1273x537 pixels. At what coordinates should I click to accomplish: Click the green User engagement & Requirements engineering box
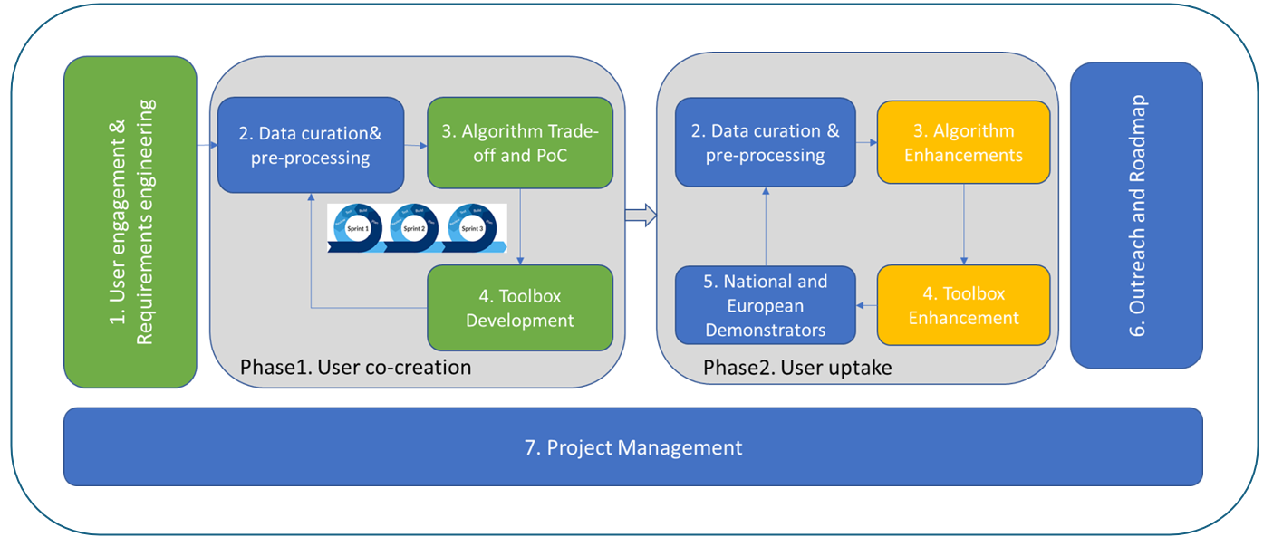(x=130, y=222)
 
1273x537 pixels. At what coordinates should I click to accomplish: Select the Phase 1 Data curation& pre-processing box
(x=310, y=145)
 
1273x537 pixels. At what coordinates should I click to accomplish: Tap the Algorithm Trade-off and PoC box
(x=520, y=143)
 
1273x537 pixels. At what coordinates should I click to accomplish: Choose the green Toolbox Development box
(x=520, y=307)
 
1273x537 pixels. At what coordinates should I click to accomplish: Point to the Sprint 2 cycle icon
(x=414, y=228)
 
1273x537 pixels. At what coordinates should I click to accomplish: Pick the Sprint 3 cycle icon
(x=472, y=228)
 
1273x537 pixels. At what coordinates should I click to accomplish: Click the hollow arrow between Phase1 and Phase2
(x=640, y=215)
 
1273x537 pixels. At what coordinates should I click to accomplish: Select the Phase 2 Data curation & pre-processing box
(x=766, y=142)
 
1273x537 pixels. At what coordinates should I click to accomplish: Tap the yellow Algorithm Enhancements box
(x=963, y=142)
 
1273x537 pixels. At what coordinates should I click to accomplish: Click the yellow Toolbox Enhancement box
(x=963, y=305)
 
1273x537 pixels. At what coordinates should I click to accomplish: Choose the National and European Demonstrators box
(x=766, y=305)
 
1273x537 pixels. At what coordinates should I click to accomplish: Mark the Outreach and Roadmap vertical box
(x=1136, y=215)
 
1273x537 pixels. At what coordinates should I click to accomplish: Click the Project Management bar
(x=632, y=446)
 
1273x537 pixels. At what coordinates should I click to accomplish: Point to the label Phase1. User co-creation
(x=355, y=367)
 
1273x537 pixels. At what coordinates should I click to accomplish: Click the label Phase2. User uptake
(x=797, y=367)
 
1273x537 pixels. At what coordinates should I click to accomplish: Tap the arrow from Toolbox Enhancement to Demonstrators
(x=866, y=306)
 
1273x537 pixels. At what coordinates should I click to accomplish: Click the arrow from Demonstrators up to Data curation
(x=766, y=225)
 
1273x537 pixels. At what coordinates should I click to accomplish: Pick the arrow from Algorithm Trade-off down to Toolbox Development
(x=520, y=226)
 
